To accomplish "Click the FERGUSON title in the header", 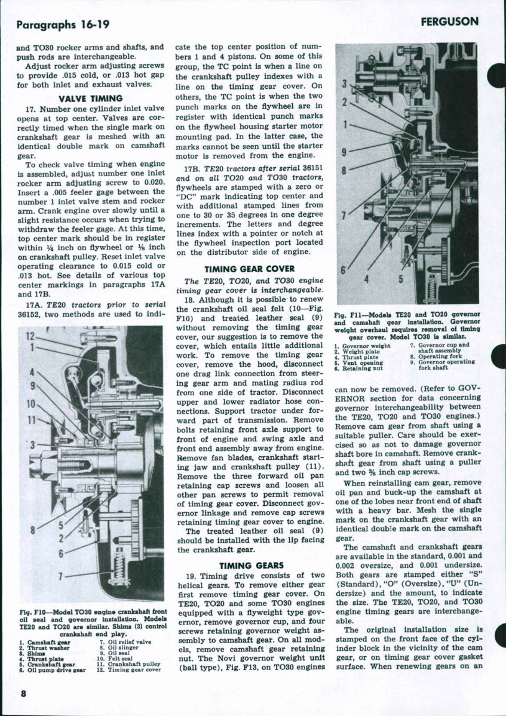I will click(449, 22).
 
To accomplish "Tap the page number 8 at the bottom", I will click(23, 693).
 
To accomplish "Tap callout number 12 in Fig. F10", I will click(30, 336).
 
